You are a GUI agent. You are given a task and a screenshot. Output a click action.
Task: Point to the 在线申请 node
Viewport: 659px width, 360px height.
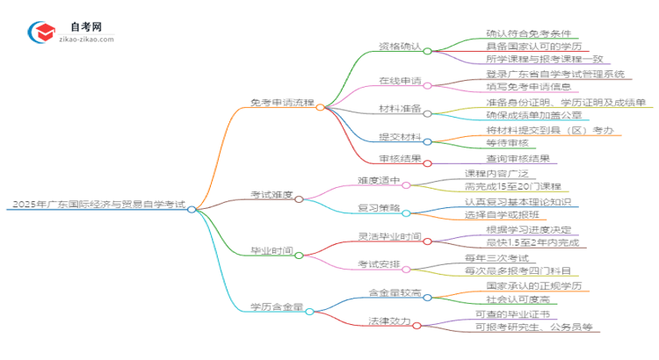pyautogui.click(x=400, y=81)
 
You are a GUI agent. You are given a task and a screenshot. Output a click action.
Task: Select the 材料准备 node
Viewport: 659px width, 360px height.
pyautogui.click(x=400, y=109)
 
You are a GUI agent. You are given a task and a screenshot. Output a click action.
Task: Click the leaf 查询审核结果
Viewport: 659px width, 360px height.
pyautogui.click(x=518, y=159)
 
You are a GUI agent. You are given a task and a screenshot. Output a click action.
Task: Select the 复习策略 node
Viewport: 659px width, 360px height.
pyautogui.click(x=379, y=208)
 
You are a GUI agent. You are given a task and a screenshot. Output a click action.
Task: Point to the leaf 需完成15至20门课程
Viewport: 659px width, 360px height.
pyautogui.click(x=518, y=187)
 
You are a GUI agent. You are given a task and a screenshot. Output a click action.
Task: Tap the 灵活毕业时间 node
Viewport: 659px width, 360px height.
pyautogui.click(x=390, y=237)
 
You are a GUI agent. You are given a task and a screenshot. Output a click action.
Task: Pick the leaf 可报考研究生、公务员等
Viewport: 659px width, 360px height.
pyautogui.click(x=534, y=328)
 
